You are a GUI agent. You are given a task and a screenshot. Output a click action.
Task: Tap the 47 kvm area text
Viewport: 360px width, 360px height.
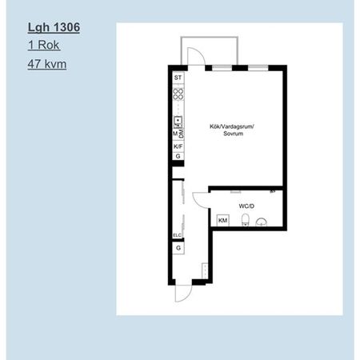[x=47, y=63]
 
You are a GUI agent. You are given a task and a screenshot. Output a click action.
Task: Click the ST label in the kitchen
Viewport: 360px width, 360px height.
[x=178, y=78]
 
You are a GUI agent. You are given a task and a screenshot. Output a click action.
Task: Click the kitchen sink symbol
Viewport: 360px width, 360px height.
[x=178, y=122]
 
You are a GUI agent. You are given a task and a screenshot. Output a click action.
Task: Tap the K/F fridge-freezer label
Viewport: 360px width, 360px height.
[x=178, y=146]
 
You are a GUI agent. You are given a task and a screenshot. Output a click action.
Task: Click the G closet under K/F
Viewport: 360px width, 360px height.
[x=178, y=157]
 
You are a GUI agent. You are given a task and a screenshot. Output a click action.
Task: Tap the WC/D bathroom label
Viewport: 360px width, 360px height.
[x=246, y=205]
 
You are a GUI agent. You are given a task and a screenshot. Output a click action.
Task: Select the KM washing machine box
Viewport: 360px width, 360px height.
[x=222, y=219]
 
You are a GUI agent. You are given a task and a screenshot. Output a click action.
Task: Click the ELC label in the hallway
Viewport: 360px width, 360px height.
[x=178, y=234]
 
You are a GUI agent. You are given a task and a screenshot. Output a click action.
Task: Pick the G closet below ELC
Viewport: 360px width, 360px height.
[x=178, y=249]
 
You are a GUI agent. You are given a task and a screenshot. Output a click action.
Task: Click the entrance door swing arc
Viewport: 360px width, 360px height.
[x=183, y=293]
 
